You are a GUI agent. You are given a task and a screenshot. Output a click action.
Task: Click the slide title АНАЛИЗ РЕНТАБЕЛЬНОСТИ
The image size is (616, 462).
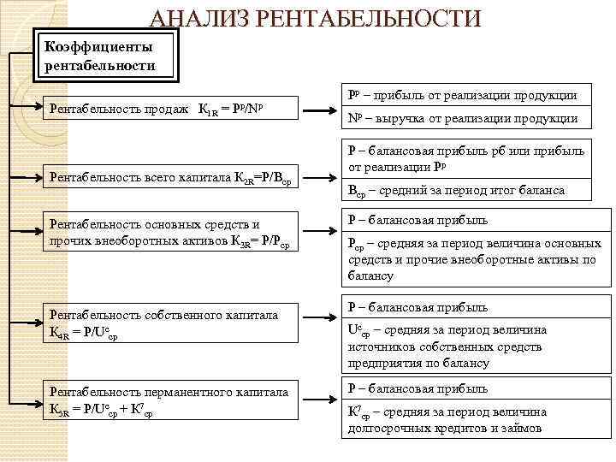pos(316,17)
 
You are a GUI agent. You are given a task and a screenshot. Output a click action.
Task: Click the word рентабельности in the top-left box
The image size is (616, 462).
pos(101,65)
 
